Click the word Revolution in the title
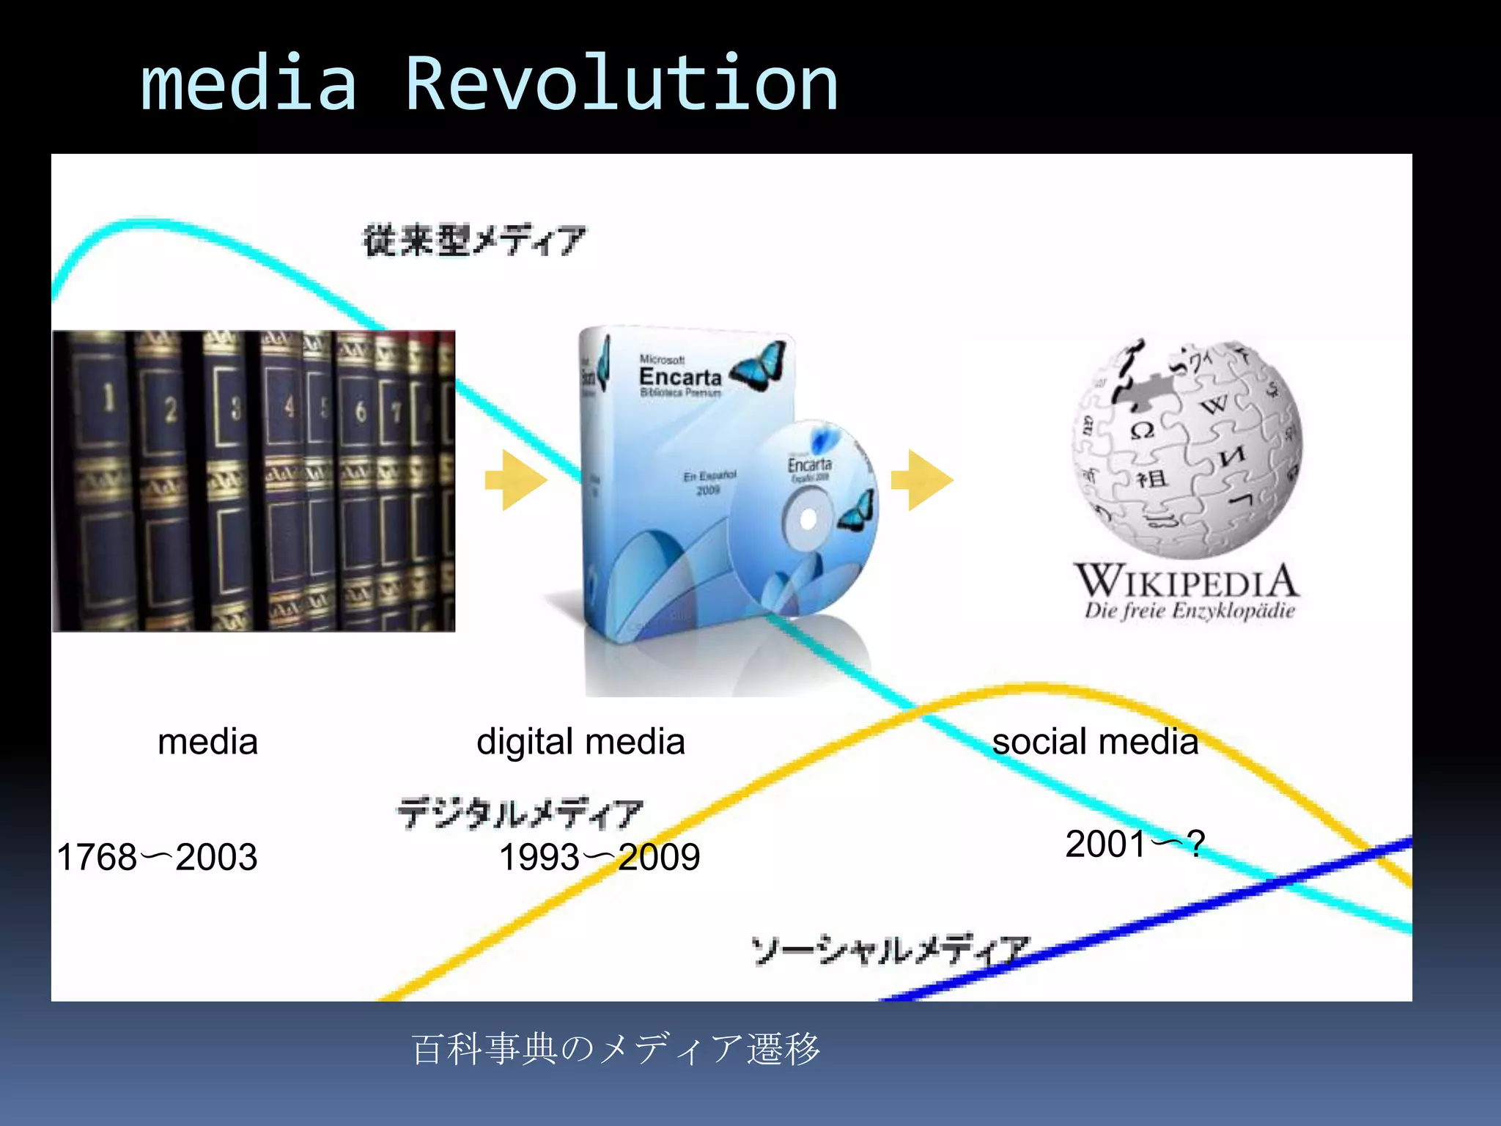coord(622,84)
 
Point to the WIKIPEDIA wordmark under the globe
coord(1187,581)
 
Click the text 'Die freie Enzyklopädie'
coord(1190,611)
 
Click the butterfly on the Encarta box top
coord(759,367)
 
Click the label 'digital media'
coord(580,742)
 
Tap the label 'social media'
coord(1095,742)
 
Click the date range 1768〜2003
coord(157,857)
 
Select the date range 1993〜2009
coord(600,857)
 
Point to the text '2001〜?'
coord(1135,844)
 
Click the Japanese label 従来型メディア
coord(475,240)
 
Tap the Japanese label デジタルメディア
coord(520,813)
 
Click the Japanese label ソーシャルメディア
coord(890,950)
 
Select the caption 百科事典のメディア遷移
coord(616,1048)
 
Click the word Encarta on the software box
coord(680,377)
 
